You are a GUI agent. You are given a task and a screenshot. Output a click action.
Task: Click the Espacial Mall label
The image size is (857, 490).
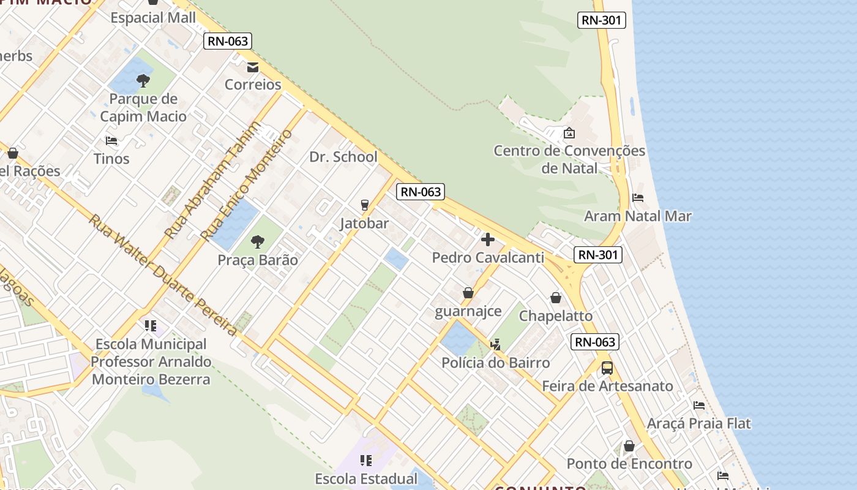click(153, 18)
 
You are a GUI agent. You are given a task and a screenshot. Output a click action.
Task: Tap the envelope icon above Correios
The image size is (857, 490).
click(253, 67)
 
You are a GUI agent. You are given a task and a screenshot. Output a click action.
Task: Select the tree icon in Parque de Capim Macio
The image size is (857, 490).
click(143, 81)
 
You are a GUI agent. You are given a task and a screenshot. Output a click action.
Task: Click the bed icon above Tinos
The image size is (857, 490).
click(111, 141)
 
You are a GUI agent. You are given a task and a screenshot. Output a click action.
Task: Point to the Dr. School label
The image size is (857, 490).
click(343, 157)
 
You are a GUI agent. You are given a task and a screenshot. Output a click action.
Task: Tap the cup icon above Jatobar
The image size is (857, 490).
click(365, 205)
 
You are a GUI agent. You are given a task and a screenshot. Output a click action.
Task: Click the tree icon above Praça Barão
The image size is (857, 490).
click(258, 242)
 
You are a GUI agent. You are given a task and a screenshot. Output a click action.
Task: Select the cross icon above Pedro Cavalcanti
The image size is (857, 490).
click(488, 239)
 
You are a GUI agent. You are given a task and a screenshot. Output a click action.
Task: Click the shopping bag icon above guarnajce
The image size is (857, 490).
click(468, 293)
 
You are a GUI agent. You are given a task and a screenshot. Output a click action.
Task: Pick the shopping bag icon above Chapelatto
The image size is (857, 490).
click(556, 298)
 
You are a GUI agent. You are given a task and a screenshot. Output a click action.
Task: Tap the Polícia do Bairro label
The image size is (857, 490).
click(496, 363)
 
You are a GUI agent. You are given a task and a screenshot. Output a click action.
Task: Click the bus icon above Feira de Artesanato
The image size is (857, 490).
click(607, 368)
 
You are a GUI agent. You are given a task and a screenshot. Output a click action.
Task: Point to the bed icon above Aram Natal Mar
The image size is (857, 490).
click(638, 198)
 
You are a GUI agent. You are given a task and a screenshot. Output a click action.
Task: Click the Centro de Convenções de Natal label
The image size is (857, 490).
click(569, 159)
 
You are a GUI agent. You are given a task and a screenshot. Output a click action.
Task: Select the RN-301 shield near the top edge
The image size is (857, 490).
click(601, 20)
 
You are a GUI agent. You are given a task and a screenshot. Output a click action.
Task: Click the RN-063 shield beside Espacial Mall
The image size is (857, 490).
click(228, 41)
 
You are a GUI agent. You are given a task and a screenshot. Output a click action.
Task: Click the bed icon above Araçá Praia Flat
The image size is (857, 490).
click(699, 405)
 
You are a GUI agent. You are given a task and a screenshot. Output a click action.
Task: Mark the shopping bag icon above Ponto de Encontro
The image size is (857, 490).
click(629, 446)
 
